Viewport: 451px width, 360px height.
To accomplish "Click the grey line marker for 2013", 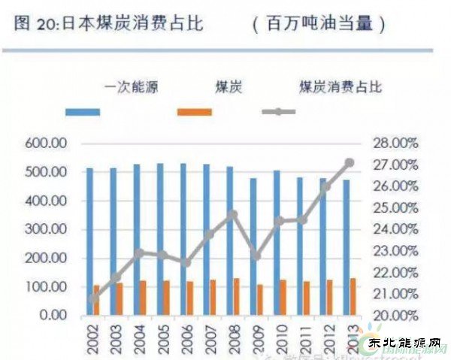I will [x=350, y=162].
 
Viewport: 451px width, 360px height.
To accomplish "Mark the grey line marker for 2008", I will [x=233, y=214].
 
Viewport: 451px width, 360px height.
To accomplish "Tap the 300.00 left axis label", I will [x=46, y=230].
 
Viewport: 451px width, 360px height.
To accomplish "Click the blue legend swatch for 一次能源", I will [x=92, y=112].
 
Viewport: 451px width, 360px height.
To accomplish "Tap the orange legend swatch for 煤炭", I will [x=195, y=112].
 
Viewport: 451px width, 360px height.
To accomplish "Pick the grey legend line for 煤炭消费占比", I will [x=279, y=112].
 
